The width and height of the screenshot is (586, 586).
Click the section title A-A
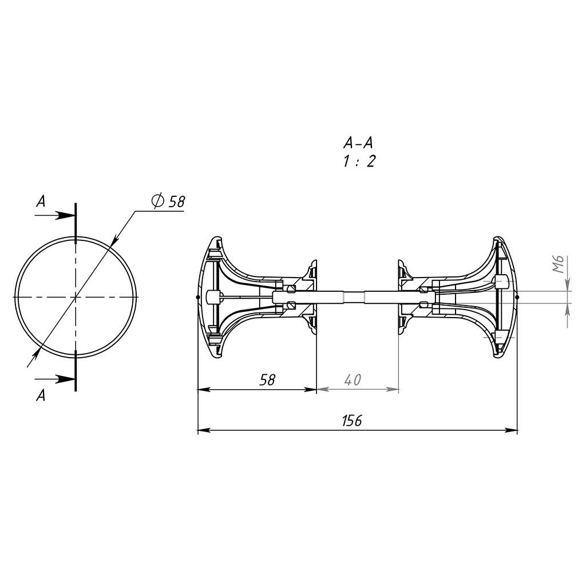[x=358, y=142]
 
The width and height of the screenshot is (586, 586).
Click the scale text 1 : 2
[x=359, y=161]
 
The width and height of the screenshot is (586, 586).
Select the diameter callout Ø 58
[x=168, y=201]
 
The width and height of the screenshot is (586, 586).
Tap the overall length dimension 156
[x=352, y=421]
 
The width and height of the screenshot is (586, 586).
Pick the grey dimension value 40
[x=353, y=380]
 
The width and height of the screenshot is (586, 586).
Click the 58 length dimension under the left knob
[x=268, y=380]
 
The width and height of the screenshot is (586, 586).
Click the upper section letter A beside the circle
[x=41, y=202]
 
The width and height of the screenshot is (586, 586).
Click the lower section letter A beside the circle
[x=41, y=395]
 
